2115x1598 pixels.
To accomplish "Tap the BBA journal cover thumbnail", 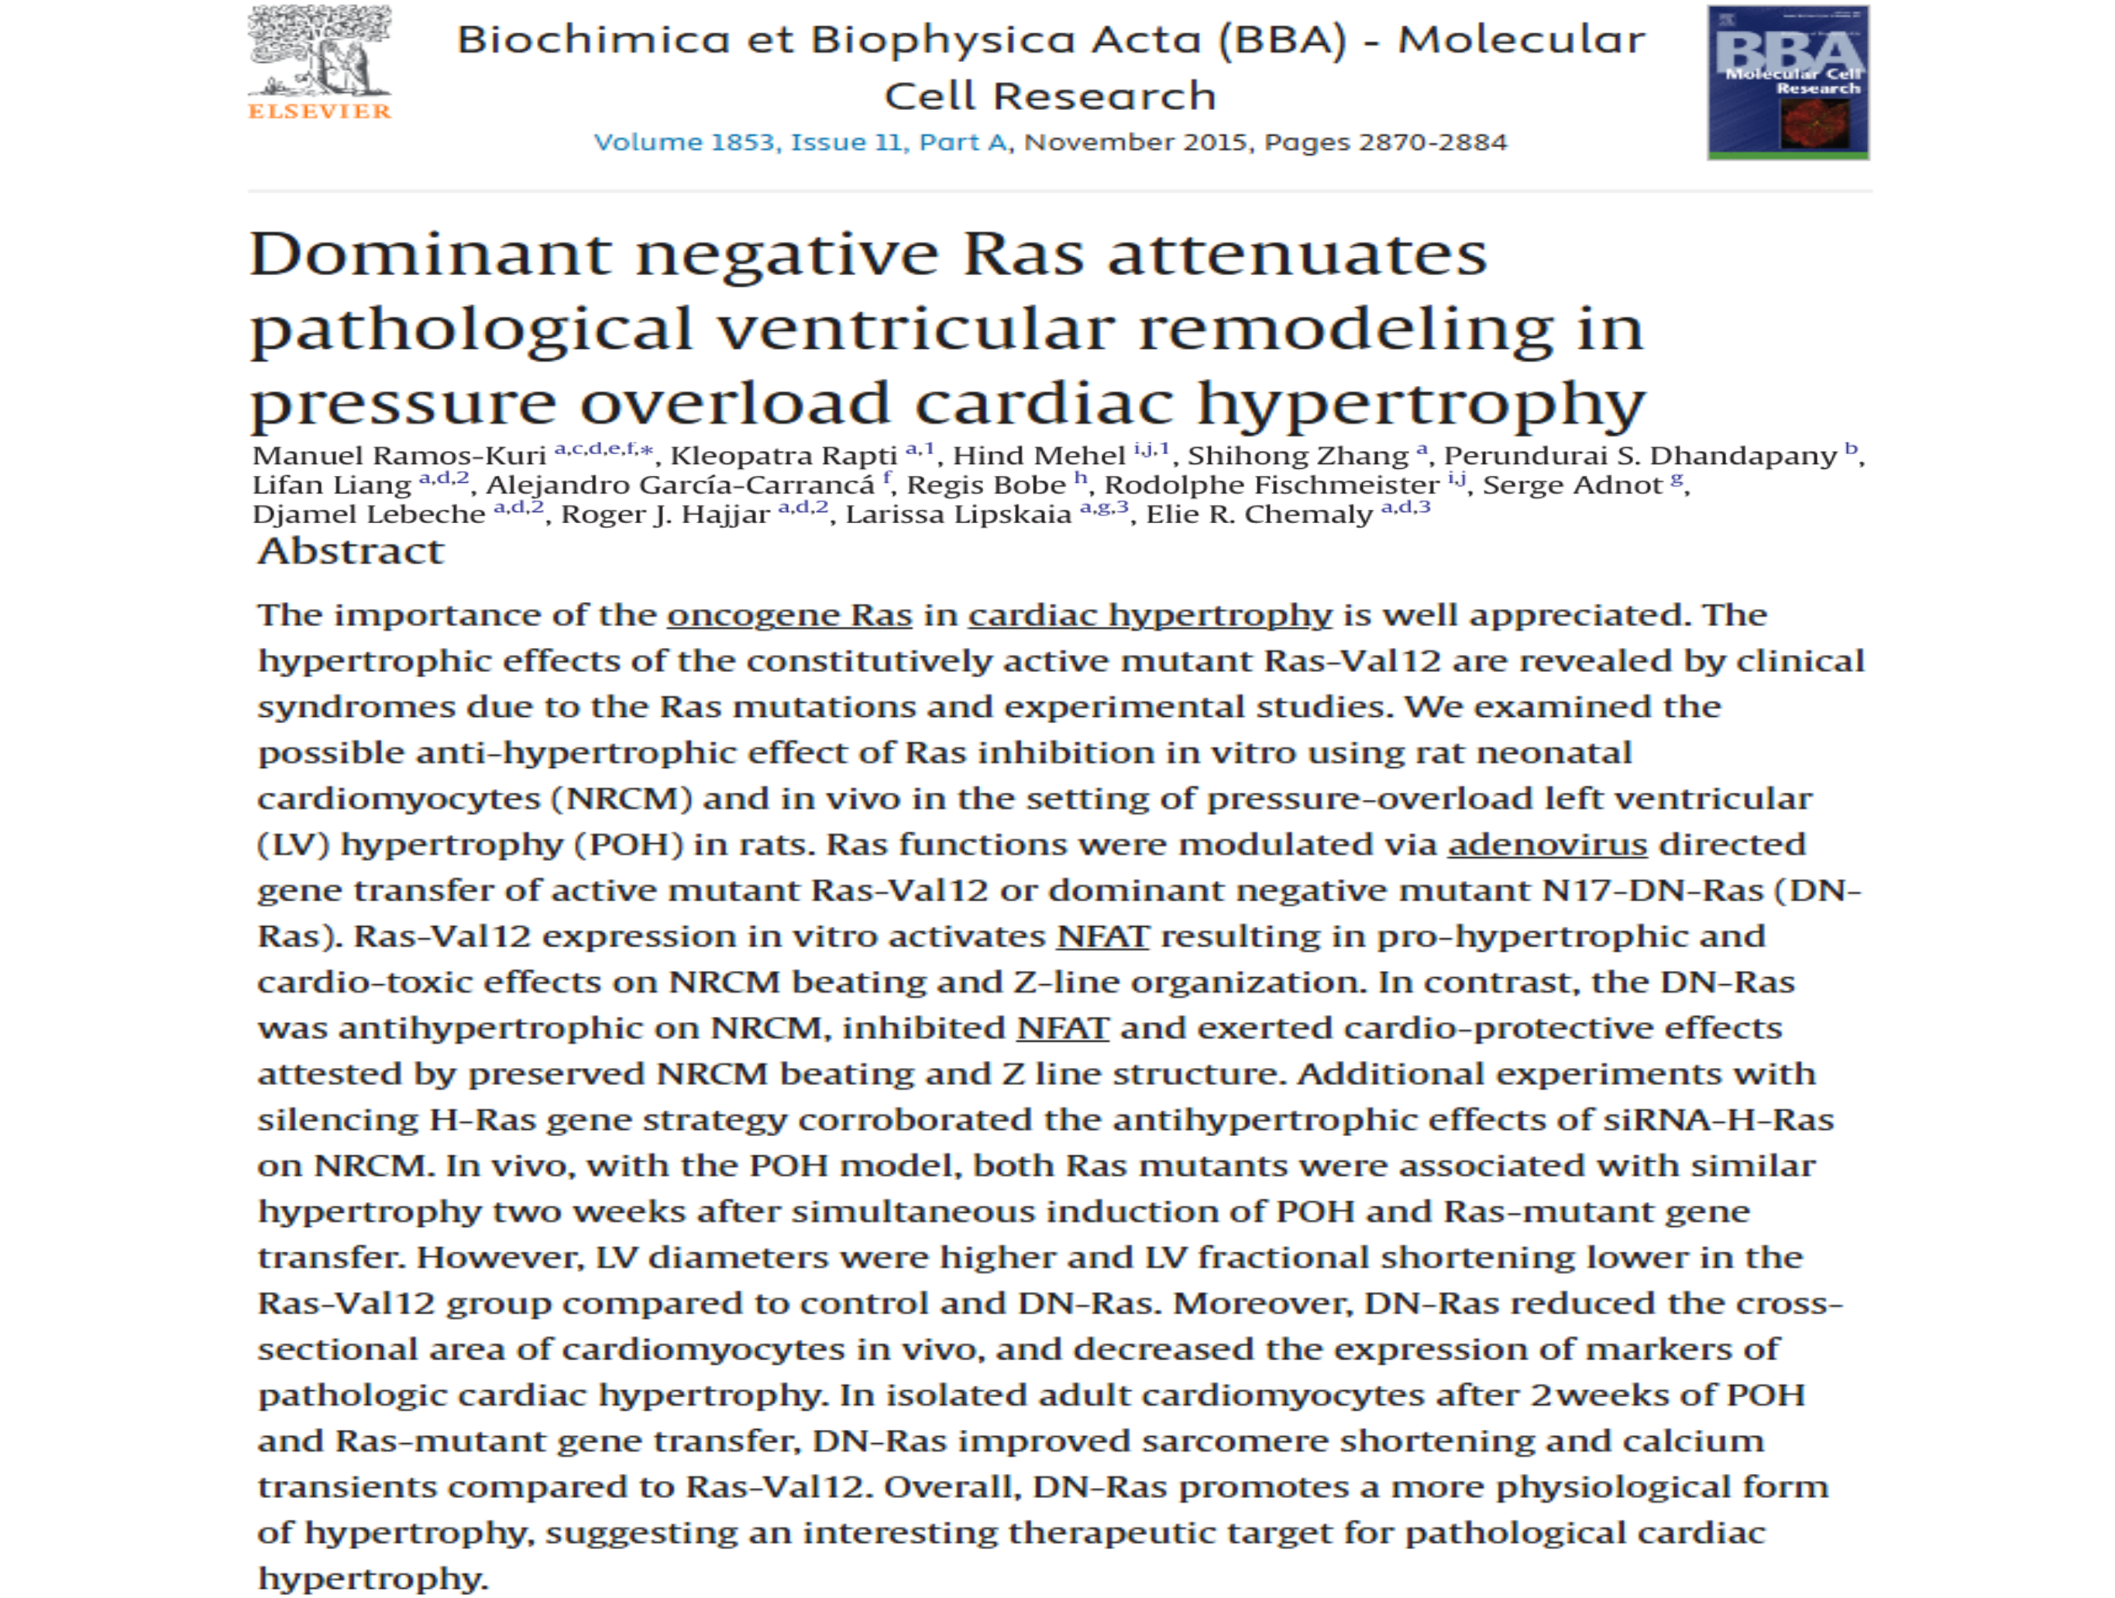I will [x=1788, y=82].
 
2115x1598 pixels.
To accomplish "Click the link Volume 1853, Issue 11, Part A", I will [x=800, y=143].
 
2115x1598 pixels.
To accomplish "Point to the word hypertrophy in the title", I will [x=1421, y=403].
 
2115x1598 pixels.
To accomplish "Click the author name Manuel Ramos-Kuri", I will [x=399, y=456].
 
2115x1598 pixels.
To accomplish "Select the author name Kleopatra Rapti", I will [x=783, y=456].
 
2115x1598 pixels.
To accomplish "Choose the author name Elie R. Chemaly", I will [x=1258, y=515].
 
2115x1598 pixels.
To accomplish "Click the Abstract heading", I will [x=351, y=552].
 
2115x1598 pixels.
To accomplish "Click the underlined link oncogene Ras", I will [x=789, y=615].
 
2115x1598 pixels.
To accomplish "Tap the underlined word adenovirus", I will [x=1547, y=845].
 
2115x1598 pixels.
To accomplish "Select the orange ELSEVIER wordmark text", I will [x=319, y=112].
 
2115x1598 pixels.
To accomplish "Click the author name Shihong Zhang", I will [x=1298, y=456].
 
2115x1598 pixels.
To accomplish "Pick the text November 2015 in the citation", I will [x=1135, y=143].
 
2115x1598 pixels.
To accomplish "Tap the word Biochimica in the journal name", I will [x=593, y=40].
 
